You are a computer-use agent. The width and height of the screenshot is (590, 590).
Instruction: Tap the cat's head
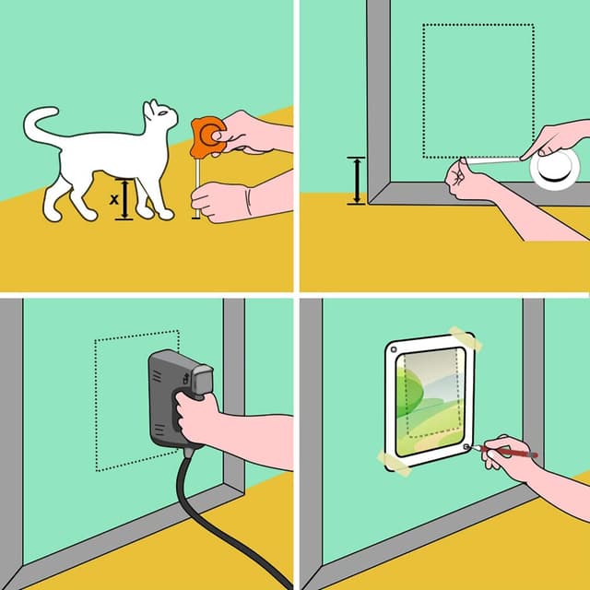pos(159,117)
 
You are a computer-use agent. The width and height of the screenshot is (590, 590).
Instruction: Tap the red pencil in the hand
pos(516,453)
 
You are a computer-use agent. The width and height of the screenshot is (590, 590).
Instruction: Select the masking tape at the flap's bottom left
pos(395,460)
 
